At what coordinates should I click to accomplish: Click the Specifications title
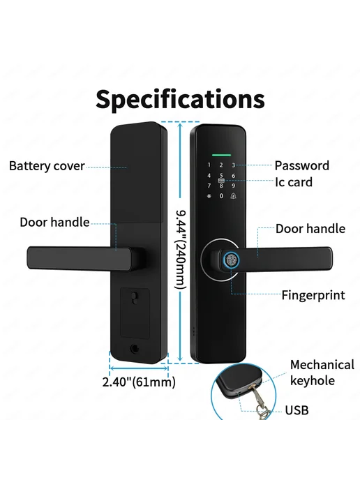point(180,100)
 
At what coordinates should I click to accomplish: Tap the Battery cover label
point(47,166)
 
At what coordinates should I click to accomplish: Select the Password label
point(302,165)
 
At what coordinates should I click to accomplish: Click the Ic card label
point(294,182)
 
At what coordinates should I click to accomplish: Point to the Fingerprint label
point(313,295)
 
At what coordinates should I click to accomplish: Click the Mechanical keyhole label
point(322,373)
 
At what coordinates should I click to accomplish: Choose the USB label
point(297,410)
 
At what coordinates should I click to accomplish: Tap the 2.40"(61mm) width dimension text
point(139,382)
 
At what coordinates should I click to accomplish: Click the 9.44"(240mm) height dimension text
point(181,250)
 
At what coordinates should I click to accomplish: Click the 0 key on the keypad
point(221,196)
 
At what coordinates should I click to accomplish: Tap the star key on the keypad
point(209,196)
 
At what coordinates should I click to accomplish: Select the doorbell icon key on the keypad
point(234,196)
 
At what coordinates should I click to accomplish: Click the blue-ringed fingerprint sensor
point(232,260)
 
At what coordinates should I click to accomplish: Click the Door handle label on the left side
point(54,223)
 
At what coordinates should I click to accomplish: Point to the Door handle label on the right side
point(310,229)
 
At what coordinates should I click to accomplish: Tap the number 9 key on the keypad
point(234,186)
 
